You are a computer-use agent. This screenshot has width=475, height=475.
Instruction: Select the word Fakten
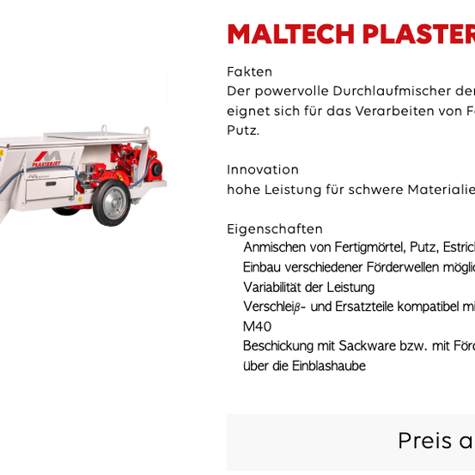point(250,72)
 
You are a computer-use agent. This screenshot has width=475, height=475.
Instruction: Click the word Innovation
point(263,170)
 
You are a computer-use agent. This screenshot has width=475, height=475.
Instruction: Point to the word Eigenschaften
point(275,229)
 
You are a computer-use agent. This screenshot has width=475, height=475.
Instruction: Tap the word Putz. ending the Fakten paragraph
point(243,131)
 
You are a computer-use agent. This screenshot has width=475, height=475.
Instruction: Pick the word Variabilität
point(273,288)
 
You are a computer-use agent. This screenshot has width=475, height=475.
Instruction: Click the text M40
point(257,327)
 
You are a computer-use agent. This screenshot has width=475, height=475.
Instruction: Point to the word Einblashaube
point(329,367)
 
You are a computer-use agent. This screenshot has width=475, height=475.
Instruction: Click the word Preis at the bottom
point(424,442)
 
